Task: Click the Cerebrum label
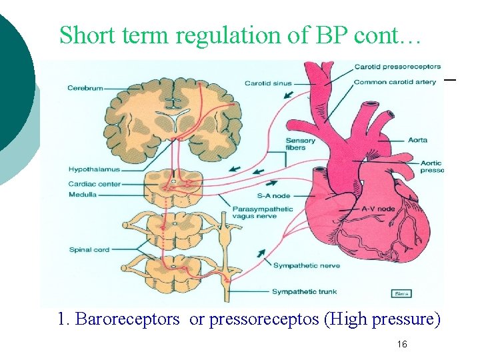tap(85, 88)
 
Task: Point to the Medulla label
tap(82, 195)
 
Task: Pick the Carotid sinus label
tap(268, 83)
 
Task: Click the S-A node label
tap(273, 196)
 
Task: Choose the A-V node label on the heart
tap(377, 209)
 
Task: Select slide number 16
tap(402, 344)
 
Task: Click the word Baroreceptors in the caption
tap(127, 319)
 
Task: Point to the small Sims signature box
tap(401, 293)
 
